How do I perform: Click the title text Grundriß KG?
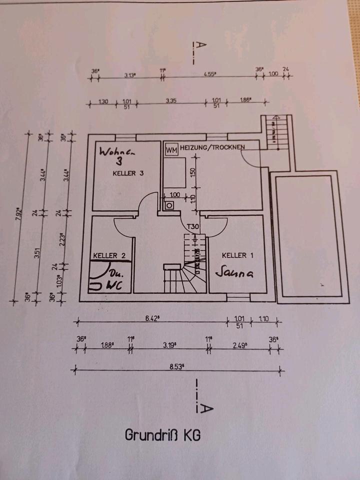(163, 435)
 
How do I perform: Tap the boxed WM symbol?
(171, 149)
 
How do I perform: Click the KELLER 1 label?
(237, 255)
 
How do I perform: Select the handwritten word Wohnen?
(118, 151)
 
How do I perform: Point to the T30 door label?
(193, 227)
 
